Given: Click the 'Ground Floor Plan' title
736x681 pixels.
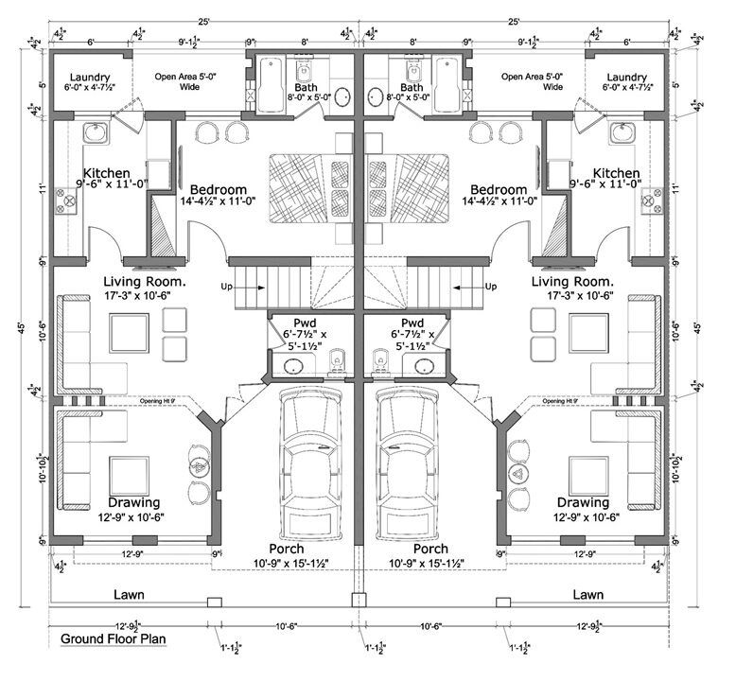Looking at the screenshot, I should click(x=113, y=638).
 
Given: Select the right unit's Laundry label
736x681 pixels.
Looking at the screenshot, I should click(x=626, y=78).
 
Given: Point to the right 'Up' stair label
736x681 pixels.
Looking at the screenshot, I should click(x=490, y=286).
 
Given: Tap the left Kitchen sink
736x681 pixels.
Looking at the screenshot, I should click(x=94, y=133).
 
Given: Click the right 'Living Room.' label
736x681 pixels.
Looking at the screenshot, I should click(x=571, y=282).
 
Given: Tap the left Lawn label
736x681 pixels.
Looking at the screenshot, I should click(x=134, y=595).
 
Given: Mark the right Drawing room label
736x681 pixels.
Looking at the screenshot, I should click(x=583, y=502).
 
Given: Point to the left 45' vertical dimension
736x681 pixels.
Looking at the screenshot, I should click(x=21, y=328).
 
